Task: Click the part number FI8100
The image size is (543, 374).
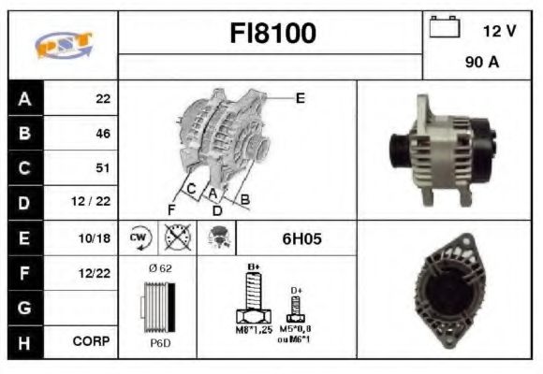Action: click(x=273, y=34)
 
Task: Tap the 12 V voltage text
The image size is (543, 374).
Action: click(x=499, y=31)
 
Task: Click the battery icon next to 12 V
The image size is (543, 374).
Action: click(x=442, y=28)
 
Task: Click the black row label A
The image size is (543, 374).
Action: click(x=24, y=98)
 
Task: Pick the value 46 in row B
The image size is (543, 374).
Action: click(x=103, y=134)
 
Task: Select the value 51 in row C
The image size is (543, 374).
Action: click(x=103, y=168)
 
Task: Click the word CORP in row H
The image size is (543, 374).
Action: click(x=94, y=342)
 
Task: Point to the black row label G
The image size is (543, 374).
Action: click(x=24, y=307)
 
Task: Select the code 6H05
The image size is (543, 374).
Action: click(x=301, y=238)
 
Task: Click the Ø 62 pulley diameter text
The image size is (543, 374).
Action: click(x=160, y=268)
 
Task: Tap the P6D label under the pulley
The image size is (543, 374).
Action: click(x=160, y=342)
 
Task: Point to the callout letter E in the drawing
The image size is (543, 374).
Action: click(x=301, y=96)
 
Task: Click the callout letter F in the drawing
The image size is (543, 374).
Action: click(x=171, y=208)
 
